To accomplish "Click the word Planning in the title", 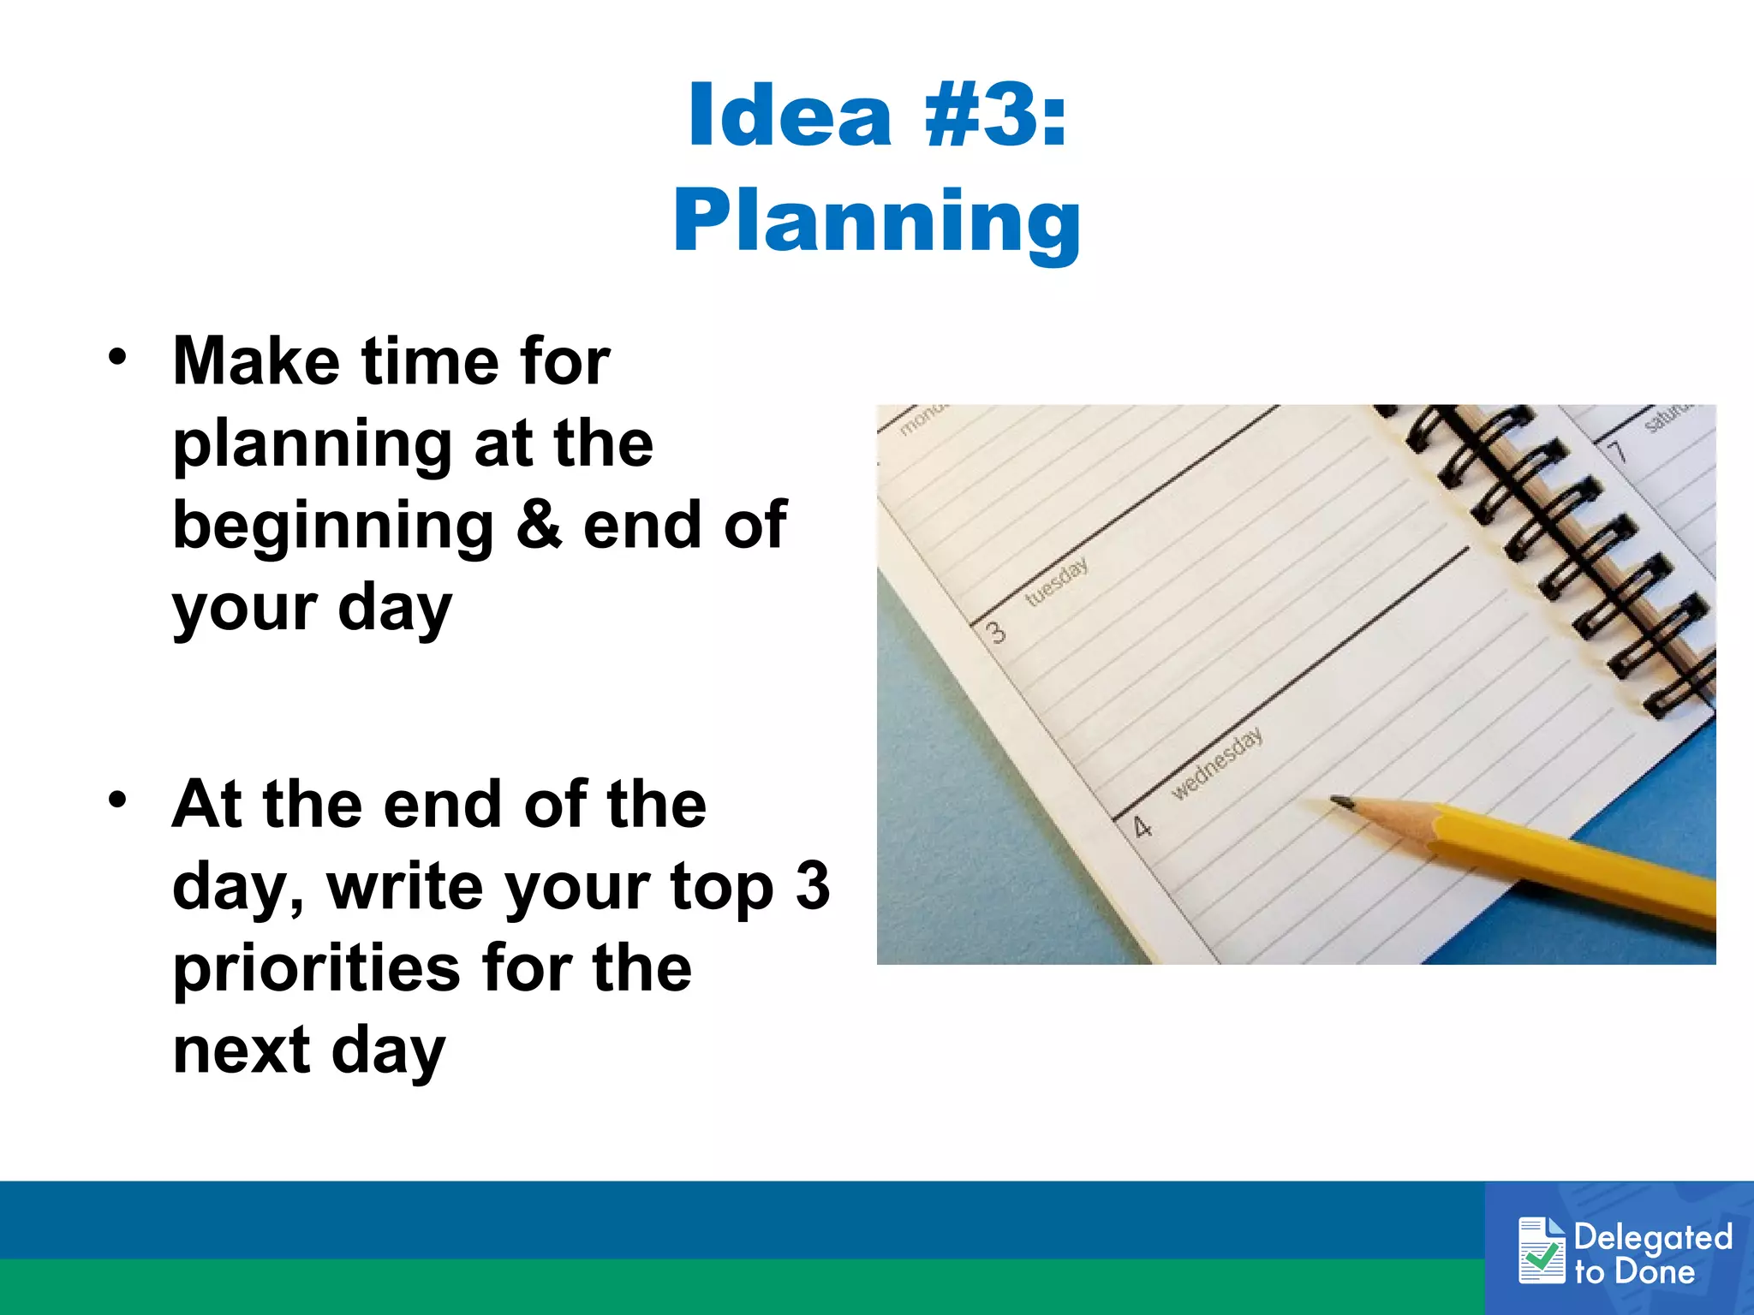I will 876,221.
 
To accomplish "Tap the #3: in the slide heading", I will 995,116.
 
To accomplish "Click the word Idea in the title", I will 790,116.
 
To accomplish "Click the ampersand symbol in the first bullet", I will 539,525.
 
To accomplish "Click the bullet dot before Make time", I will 117,356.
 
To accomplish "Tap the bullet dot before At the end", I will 117,800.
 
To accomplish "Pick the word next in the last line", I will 242,1050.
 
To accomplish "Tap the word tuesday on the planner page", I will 1057,581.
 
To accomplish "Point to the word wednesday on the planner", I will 1216,762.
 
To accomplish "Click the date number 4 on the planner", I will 1142,827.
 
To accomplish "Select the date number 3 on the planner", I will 995,633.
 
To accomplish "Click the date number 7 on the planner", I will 1616,450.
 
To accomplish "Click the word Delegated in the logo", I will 1653,1236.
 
